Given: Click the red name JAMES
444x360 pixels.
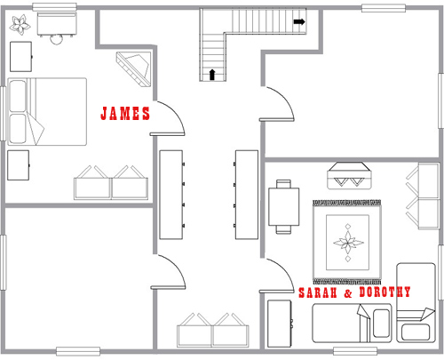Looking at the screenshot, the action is click(125, 113).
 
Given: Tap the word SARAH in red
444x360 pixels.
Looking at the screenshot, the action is click(318, 292).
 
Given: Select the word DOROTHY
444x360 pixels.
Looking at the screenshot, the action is click(385, 292).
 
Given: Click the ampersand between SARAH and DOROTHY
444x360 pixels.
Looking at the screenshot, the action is click(348, 293).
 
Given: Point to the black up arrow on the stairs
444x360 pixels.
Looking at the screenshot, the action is click(212, 75).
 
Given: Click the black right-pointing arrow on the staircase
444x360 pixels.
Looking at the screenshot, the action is click(299, 21).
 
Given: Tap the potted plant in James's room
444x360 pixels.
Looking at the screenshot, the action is click(20, 24).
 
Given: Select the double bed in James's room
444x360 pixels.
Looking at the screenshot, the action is click(47, 112).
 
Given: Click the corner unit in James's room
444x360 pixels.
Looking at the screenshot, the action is click(135, 69).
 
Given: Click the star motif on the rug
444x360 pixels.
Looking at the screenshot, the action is click(348, 243).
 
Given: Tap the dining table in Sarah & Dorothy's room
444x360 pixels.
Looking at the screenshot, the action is click(284, 206).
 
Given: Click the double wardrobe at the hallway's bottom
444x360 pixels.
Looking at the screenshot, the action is click(213, 330).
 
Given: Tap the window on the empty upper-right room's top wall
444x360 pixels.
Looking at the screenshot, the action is click(384, 8).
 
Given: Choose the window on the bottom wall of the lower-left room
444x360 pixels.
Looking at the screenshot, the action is click(78, 351).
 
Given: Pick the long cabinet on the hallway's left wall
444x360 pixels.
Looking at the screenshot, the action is click(171, 195).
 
